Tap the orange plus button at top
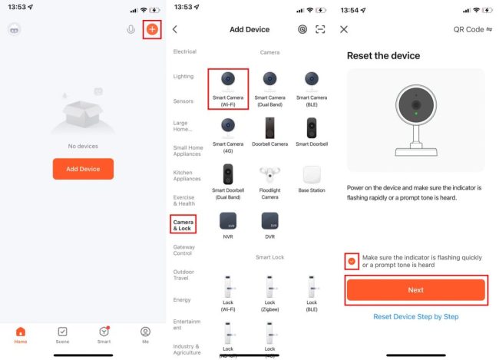coord(152,30)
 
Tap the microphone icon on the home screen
coord(131,30)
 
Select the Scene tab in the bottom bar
coord(62,335)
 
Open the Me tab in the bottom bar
coord(145,335)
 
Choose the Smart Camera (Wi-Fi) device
coord(228,90)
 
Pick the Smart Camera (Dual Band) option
coord(270,90)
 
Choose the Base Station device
coord(312,179)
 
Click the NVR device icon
coord(228,221)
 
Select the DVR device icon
coord(270,221)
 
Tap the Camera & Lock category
coord(183,225)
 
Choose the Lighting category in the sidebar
coord(183,77)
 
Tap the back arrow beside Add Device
coord(175,30)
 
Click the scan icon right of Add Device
coord(320,30)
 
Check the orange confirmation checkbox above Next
coord(352,261)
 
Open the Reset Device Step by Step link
coord(416,317)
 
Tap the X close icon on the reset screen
coord(344,30)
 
